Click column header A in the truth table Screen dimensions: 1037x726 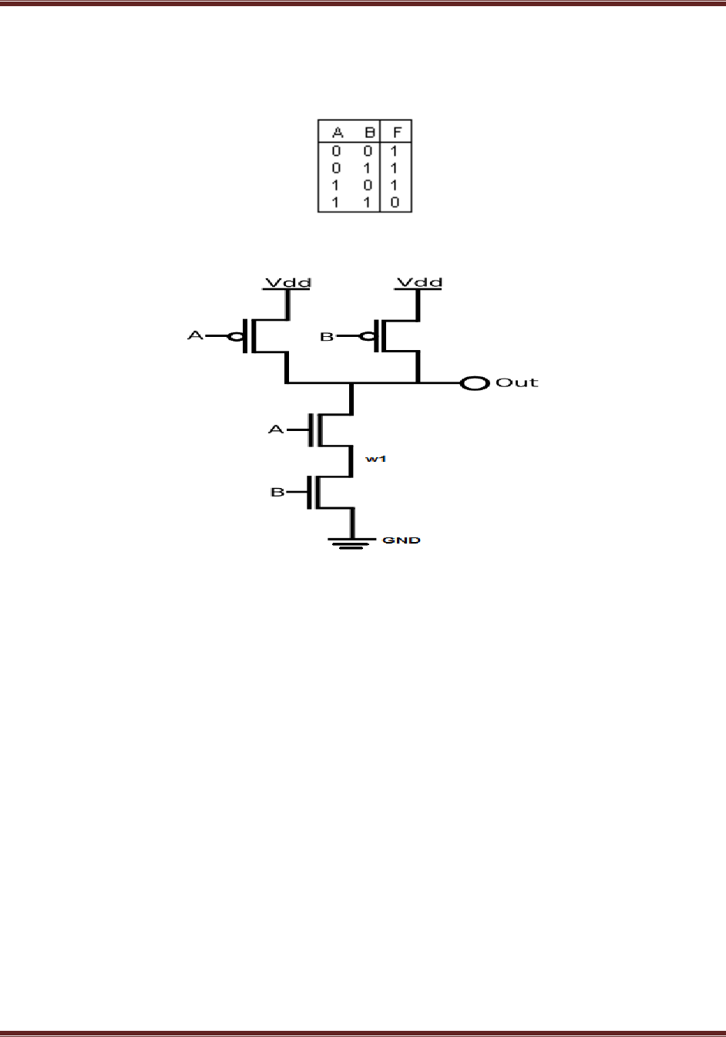click(336, 133)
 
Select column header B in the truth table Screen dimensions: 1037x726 click(368, 133)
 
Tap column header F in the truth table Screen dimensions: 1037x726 click(396, 133)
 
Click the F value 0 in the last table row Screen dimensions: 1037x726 click(395, 203)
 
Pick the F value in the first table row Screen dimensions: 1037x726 click(395, 150)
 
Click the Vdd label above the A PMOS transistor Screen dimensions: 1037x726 click(288, 282)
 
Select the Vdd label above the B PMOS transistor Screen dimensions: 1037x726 click(419, 282)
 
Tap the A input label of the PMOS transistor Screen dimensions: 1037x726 click(196, 336)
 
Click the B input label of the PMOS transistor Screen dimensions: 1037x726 click(327, 337)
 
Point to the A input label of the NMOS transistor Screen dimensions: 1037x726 click(276, 429)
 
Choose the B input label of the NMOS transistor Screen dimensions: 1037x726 click(277, 492)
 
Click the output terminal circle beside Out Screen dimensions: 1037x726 click(475, 382)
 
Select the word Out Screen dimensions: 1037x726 click(516, 382)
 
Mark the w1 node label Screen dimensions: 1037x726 click(375, 459)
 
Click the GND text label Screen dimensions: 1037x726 click(402, 540)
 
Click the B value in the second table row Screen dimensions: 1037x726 click(368, 168)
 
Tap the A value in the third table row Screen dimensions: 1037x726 click(335, 186)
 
